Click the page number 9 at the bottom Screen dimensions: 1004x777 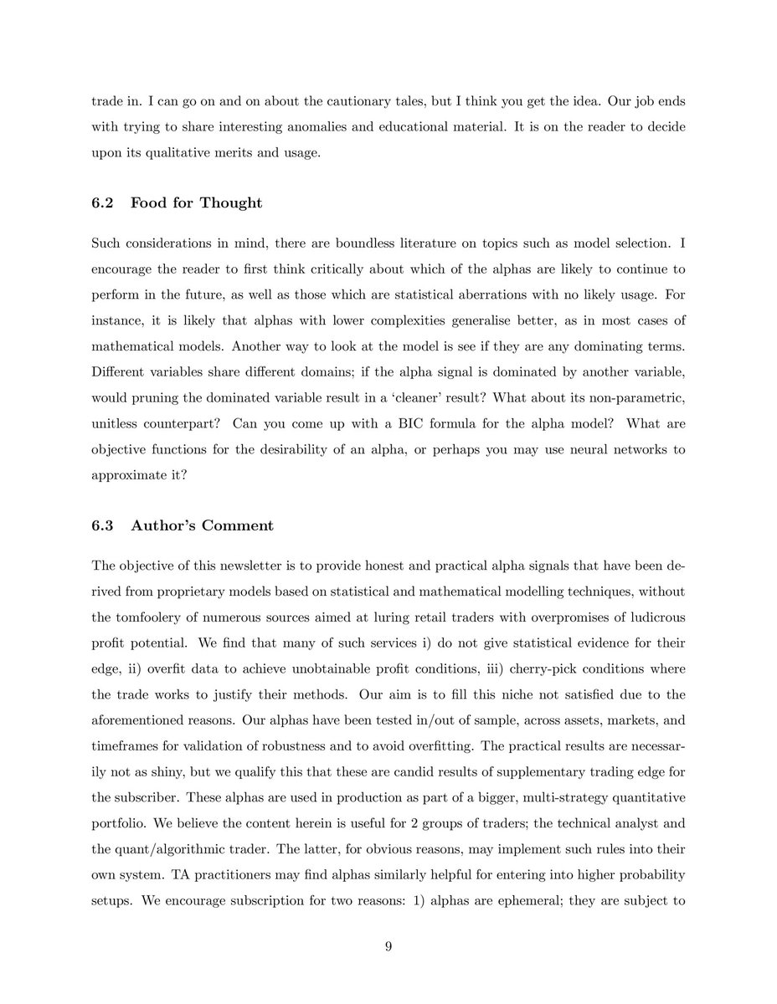coord(388,947)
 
